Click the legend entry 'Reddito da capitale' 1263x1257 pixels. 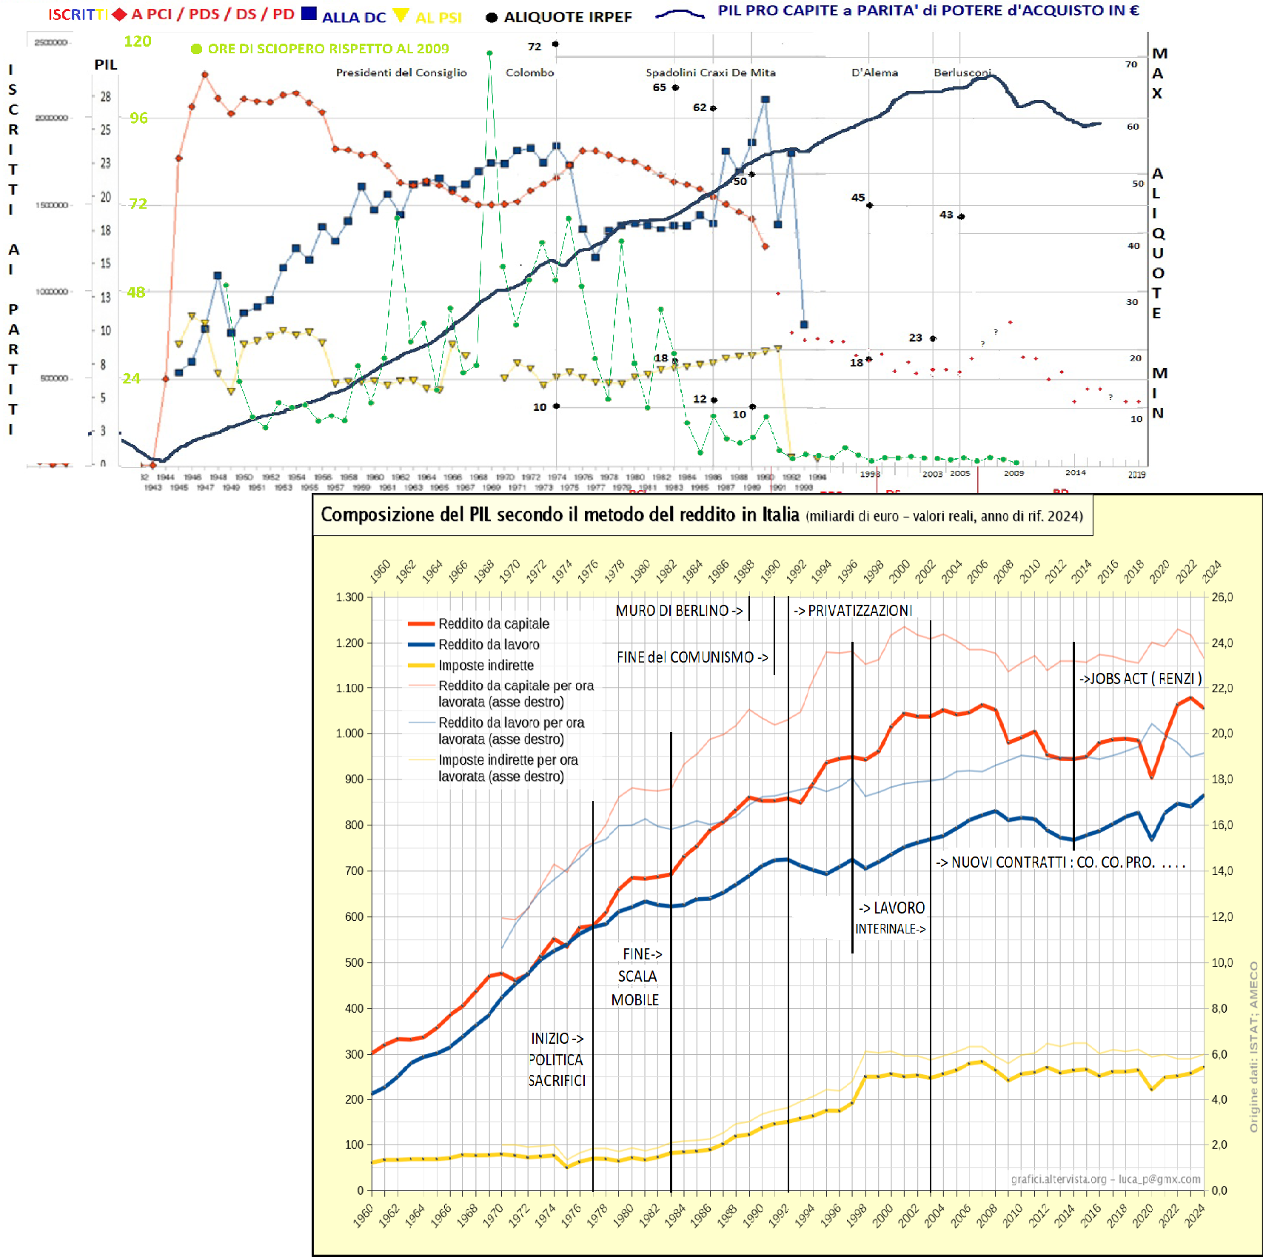click(x=493, y=624)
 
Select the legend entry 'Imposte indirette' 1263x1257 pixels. click(x=486, y=666)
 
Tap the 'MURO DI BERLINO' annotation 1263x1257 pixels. click(x=678, y=611)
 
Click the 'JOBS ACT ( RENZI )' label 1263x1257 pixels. click(x=1140, y=679)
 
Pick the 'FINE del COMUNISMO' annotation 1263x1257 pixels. click(x=691, y=657)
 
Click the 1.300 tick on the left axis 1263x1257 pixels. click(x=349, y=597)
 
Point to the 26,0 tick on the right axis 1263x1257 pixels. click(x=1222, y=597)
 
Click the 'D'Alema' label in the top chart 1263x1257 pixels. click(x=874, y=73)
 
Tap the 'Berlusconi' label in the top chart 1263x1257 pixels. click(x=962, y=73)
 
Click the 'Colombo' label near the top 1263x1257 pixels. click(x=529, y=73)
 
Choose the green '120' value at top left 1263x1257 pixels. click(x=137, y=41)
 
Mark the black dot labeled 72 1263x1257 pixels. click(x=555, y=44)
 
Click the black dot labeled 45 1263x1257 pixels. click(x=869, y=205)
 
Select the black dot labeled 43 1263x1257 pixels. click(x=961, y=217)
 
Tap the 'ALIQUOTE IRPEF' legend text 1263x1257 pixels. click(x=567, y=17)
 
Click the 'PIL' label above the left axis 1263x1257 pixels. click(x=106, y=65)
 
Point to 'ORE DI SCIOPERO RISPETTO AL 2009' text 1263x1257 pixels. click(x=328, y=49)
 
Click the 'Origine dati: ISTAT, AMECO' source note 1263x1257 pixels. click(x=1253, y=1047)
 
